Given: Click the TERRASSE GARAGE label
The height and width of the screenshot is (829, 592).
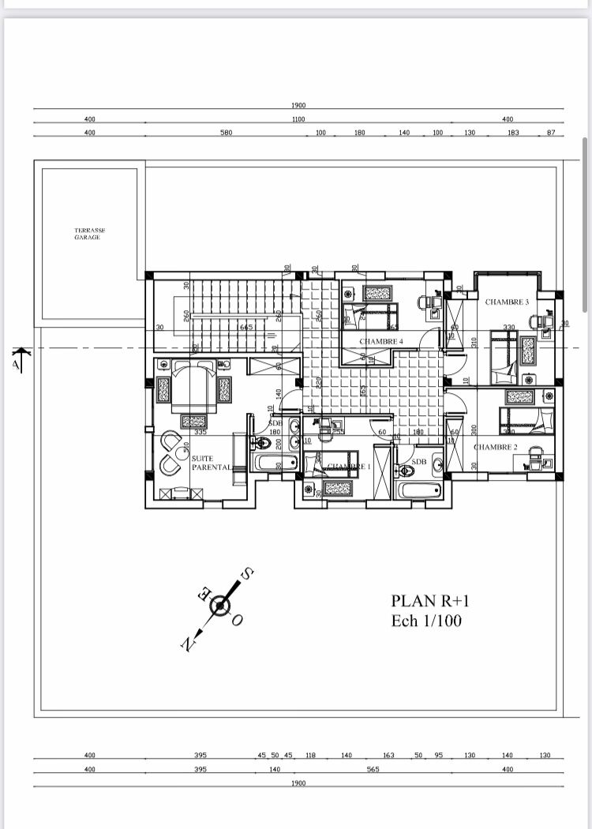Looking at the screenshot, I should tap(90, 234).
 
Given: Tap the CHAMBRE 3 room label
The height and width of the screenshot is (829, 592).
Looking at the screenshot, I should tap(506, 302).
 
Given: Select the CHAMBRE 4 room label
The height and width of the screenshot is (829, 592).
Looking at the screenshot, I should tap(381, 341).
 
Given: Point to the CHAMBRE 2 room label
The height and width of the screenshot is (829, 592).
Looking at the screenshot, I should tap(496, 447).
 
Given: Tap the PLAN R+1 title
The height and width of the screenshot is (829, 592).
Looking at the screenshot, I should tap(429, 602).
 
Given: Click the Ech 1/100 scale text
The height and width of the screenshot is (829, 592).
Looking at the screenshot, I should tap(426, 621).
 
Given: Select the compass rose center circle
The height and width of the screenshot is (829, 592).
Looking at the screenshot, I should tap(220, 606).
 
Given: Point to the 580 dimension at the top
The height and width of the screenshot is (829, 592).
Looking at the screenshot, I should tap(226, 133).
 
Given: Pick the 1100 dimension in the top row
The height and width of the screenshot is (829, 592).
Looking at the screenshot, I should tap(298, 119).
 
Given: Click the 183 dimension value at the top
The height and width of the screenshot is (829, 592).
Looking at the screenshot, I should tap(513, 133).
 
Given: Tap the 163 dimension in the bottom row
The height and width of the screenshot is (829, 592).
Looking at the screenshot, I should tap(388, 756).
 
